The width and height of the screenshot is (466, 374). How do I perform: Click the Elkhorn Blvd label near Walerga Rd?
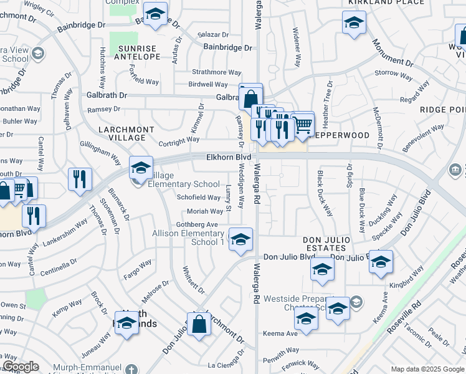pyautogui.click(x=229, y=158)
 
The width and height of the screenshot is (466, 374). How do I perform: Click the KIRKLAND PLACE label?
pyautogui.click(x=378, y=2)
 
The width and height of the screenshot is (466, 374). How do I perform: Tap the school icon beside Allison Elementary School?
pyautogui.click(x=240, y=239)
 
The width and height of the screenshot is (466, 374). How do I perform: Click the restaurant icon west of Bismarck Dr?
pyautogui.click(x=80, y=179)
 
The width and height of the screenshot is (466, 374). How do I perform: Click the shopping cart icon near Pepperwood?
pyautogui.click(x=303, y=123)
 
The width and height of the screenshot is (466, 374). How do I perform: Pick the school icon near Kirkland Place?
pyautogui.click(x=354, y=23)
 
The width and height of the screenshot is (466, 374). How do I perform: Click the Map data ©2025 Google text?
pyautogui.click(x=427, y=369)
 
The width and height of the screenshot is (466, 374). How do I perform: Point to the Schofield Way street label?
pyautogui.click(x=199, y=198)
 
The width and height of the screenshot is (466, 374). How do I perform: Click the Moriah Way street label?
pyautogui.click(x=204, y=211)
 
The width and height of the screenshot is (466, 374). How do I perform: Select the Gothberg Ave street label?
pyautogui.click(x=197, y=224)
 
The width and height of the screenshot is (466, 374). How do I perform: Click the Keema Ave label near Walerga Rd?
pyautogui.click(x=283, y=333)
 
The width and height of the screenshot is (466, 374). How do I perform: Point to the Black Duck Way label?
pyautogui.click(x=325, y=193)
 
